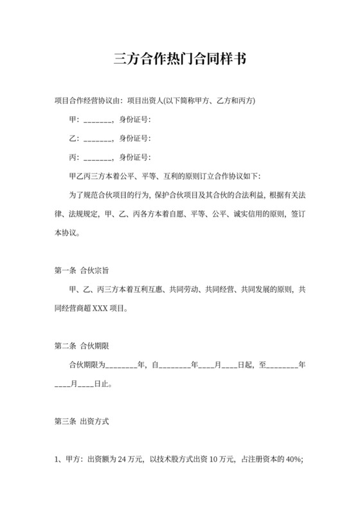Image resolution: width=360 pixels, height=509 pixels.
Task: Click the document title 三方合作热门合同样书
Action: [180, 59]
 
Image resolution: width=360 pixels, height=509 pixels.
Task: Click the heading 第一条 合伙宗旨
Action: [85, 271]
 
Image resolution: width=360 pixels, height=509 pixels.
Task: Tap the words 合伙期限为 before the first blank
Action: [86, 365]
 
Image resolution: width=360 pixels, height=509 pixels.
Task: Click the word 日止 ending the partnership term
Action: [102, 384]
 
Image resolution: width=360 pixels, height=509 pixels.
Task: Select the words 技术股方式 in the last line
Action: [169, 460]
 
